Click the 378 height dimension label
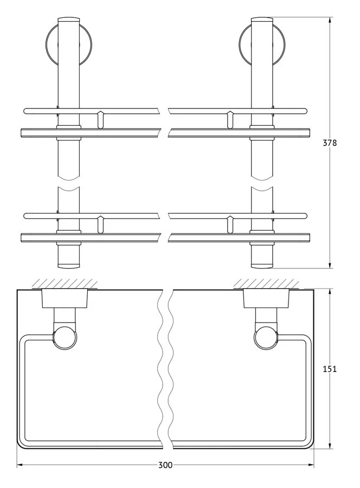[330, 143]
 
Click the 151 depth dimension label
[330, 369]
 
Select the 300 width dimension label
[165, 465]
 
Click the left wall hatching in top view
[65, 284]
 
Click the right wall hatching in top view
[266, 284]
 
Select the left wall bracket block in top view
[65, 299]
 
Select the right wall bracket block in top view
[266, 299]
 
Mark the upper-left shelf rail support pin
[100, 119]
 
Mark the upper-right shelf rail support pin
[230, 119]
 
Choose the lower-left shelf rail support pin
[100, 224]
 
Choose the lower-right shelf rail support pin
[230, 224]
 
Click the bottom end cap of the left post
[69, 266]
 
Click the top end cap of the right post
[262, 20]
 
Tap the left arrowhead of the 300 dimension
[20, 465]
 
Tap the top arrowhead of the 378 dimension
[330, 20]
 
